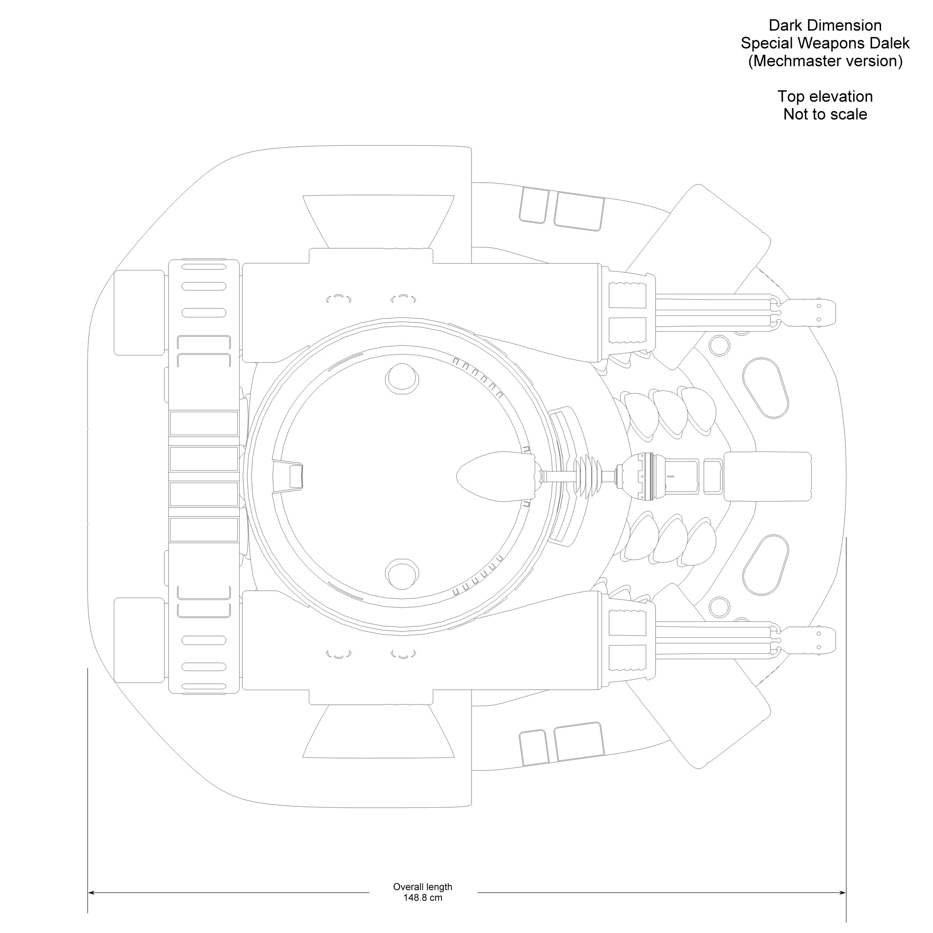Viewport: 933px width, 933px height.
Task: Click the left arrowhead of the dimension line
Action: click(92, 893)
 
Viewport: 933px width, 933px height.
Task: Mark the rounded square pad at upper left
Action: click(139, 313)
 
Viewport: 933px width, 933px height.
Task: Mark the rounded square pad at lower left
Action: click(139, 641)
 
